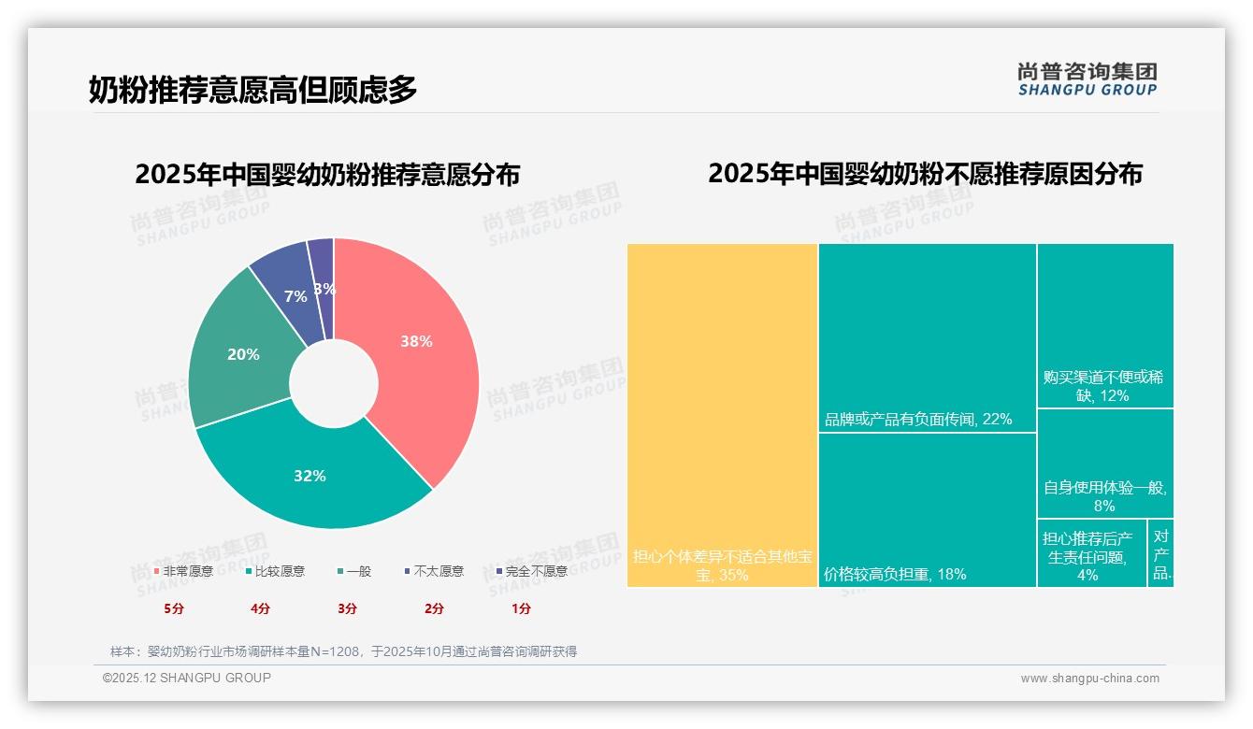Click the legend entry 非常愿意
183,571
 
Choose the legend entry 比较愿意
275,571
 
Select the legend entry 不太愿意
434,571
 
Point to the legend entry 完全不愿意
531,571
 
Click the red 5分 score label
174,608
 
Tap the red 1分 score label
521,608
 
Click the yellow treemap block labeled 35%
722,415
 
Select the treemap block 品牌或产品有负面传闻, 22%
927,337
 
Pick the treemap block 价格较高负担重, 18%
927,509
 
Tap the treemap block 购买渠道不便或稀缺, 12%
1104,325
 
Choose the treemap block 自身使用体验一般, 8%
1104,464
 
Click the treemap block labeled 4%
1091,552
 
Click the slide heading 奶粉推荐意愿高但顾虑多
253,90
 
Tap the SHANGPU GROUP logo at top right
1087,79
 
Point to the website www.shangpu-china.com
1089,679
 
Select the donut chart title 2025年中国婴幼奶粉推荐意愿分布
327,175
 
